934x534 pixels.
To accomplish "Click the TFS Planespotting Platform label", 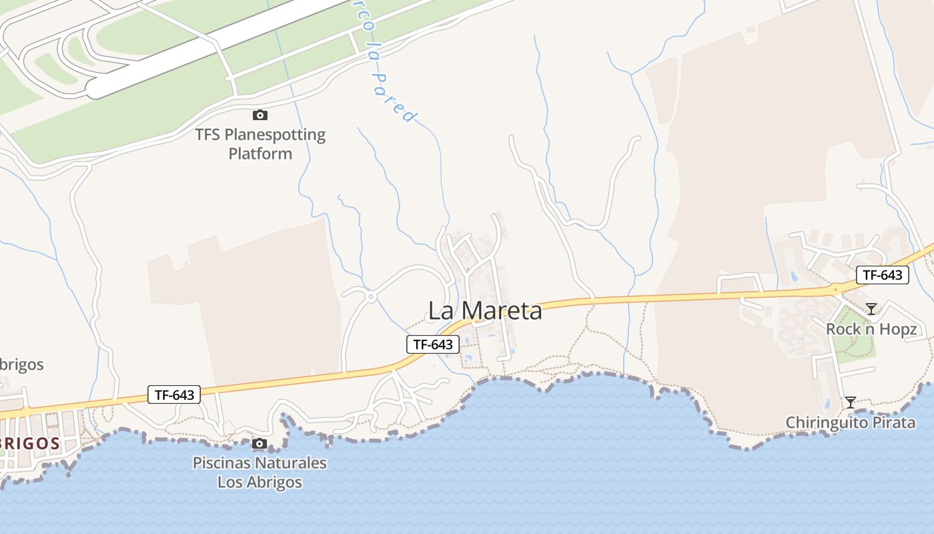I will click(260, 144).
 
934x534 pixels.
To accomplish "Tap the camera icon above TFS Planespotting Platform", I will click(260, 115).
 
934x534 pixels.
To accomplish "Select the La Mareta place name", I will click(485, 310).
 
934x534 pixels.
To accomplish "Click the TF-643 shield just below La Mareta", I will click(433, 344).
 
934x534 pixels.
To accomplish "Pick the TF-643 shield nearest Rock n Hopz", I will click(883, 275).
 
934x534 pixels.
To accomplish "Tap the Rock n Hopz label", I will click(871, 329).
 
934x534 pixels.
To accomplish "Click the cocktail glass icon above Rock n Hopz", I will click(871, 308).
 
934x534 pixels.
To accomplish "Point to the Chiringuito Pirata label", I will click(850, 423).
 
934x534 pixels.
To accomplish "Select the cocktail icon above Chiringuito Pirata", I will click(851, 402).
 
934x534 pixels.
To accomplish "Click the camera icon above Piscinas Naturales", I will click(260, 444).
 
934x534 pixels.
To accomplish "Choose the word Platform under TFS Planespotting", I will click(260, 154).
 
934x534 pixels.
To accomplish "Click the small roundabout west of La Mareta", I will click(369, 295).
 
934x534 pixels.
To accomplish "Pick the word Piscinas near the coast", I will click(219, 463).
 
